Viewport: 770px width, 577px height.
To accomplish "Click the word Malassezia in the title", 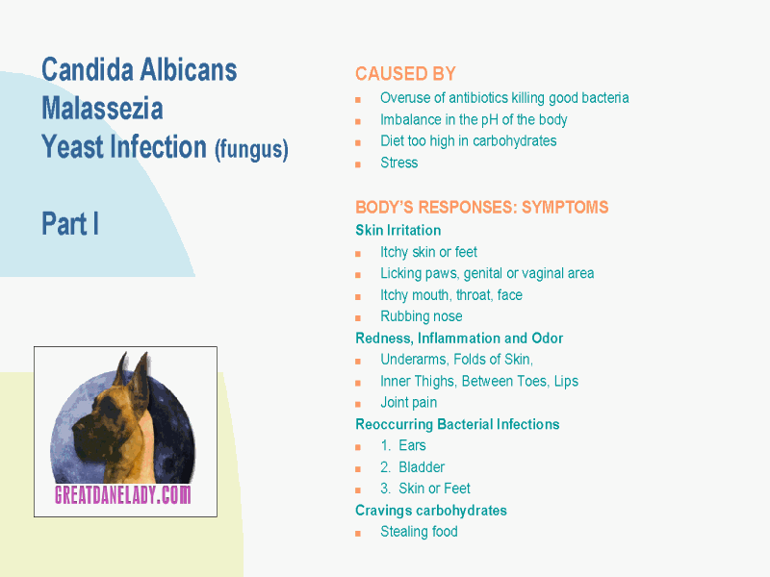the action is pos(102,109).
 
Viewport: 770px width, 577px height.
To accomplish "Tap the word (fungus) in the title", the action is pos(251,149).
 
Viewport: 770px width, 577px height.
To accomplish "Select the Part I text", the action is pos(70,224).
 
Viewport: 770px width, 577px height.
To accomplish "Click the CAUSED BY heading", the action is pos(405,74).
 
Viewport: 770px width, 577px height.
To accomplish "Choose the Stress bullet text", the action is pos(398,163).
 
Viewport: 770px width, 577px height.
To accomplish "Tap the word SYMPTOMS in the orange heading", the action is pos(565,207).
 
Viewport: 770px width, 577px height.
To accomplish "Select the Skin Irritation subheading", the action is pos(398,230).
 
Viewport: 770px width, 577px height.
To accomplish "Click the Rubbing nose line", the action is pos(422,316).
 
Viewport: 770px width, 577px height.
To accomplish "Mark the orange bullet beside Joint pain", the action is pos(358,404).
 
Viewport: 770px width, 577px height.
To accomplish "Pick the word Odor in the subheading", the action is pos(547,339).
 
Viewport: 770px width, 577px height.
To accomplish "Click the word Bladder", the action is pos(422,467).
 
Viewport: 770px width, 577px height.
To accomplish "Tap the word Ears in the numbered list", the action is pos(412,445).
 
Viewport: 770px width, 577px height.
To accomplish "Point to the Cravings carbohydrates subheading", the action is pos(430,511).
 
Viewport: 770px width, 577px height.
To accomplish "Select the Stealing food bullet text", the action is pos(419,532).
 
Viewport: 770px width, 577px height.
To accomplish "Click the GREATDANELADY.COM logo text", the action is pos(123,494).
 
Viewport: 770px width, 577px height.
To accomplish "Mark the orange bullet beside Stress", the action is pos(358,164).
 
